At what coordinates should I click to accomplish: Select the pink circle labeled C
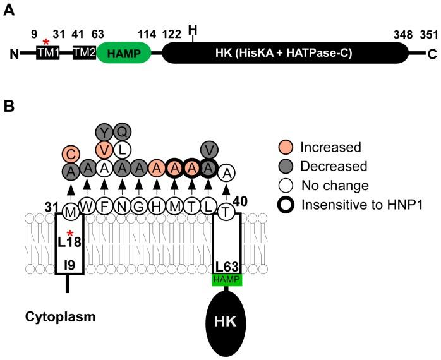tap(71, 153)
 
